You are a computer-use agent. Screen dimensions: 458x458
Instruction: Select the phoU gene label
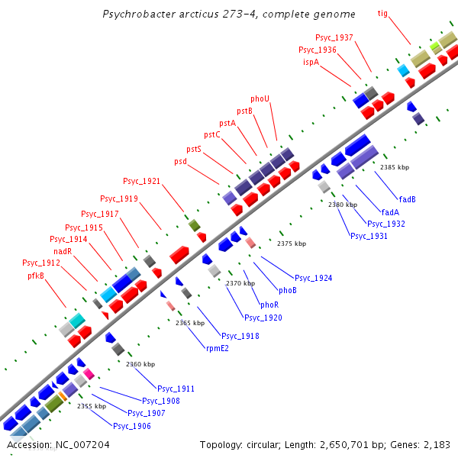click(x=260, y=98)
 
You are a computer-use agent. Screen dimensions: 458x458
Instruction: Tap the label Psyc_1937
click(x=334, y=37)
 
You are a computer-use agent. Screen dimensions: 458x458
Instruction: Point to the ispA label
click(x=311, y=62)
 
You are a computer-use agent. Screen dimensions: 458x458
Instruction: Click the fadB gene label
click(x=408, y=199)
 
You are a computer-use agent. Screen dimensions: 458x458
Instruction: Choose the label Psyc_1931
click(x=369, y=236)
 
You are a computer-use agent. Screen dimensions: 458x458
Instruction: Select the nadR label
click(x=63, y=251)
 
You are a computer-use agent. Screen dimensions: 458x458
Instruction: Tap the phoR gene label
click(x=269, y=305)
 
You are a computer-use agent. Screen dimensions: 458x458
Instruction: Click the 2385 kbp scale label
click(x=395, y=167)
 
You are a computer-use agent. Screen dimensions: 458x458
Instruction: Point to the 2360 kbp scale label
click(x=140, y=364)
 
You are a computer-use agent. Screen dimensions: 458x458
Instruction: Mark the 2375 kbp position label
click(x=292, y=244)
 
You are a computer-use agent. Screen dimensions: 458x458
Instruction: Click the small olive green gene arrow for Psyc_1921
click(x=194, y=225)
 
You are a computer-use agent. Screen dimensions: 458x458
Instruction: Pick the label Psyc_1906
click(x=131, y=425)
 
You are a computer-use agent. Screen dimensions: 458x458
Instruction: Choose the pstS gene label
click(x=194, y=149)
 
